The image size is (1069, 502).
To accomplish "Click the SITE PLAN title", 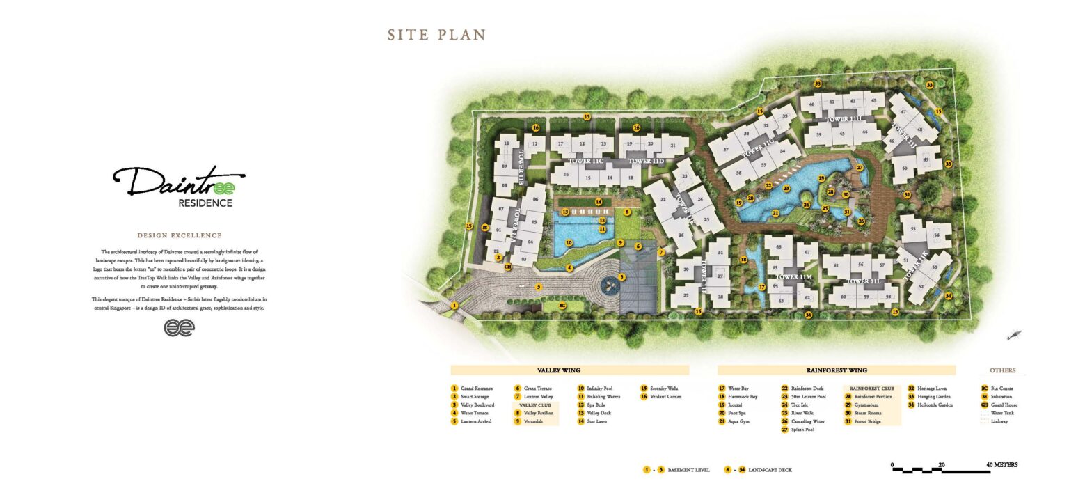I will click(436, 35).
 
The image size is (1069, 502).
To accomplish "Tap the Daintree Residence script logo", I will click(179, 185).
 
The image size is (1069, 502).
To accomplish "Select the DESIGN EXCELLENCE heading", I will click(180, 235).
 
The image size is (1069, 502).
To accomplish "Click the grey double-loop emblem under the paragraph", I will click(179, 327).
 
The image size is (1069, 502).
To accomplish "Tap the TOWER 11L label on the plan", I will click(863, 282).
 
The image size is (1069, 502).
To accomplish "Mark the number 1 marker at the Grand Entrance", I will click(454, 305).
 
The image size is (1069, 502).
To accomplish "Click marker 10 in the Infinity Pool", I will click(569, 243).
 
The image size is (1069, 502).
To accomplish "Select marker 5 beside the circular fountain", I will click(621, 276).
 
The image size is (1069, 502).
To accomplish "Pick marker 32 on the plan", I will click(907, 195).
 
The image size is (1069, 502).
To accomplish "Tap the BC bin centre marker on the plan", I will click(563, 305).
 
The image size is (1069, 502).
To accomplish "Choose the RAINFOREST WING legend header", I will click(836, 370).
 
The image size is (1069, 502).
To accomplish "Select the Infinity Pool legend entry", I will click(599, 389).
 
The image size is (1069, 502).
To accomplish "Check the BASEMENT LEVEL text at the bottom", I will click(688, 470).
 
